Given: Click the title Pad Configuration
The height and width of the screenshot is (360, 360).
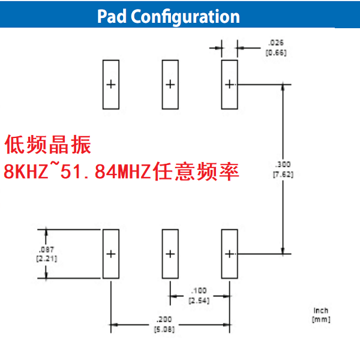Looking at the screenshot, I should point(168,16).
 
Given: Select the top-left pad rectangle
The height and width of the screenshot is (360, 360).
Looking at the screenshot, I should point(110,85).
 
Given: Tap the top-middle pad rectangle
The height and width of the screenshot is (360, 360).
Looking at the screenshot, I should point(170,85).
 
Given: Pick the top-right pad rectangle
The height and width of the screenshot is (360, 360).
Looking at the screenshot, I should point(229,85).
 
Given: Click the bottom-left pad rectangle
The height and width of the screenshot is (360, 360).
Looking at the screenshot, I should point(110,254).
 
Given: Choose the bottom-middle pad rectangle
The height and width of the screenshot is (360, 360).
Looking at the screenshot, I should point(170,254).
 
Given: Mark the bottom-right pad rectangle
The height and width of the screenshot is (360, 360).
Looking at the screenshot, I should point(229,254).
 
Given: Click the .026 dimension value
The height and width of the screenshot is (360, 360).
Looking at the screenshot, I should point(276,43).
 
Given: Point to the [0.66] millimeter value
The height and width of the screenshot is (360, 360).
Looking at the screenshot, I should point(276,52).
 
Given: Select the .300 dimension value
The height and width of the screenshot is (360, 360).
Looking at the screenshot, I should point(282,164).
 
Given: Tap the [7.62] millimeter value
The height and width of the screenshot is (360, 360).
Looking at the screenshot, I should point(282,173).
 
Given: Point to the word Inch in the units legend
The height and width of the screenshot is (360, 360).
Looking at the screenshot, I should point(320,310).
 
